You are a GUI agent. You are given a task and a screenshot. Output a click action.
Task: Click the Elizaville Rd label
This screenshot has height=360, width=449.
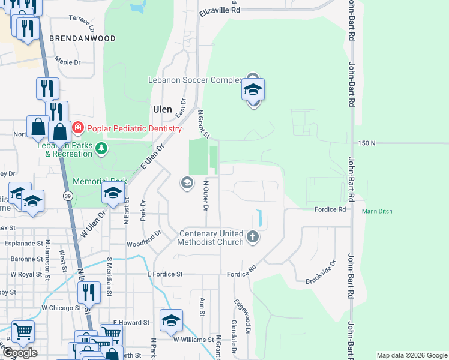[220, 10]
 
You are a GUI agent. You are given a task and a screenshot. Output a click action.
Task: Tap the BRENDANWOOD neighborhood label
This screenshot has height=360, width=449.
[82, 38]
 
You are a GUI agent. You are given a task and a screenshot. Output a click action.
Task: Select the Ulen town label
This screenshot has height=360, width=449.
[163, 109]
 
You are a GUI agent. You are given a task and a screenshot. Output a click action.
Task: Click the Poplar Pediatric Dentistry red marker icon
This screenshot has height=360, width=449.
[78, 128]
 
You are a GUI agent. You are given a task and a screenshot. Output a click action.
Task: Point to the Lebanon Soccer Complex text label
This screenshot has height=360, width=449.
[195, 80]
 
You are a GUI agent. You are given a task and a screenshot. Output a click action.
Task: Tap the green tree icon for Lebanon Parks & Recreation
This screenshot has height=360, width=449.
[102, 148]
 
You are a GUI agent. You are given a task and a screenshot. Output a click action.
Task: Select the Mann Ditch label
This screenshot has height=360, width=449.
[376, 211]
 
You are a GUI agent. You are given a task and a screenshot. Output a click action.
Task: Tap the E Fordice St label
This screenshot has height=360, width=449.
[165, 274]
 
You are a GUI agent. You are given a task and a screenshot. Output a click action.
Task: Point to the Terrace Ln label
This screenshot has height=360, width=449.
[82, 23]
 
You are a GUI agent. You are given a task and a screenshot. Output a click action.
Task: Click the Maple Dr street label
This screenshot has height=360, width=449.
[67, 62]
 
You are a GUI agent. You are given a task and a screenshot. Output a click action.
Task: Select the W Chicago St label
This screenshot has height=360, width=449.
[61, 308]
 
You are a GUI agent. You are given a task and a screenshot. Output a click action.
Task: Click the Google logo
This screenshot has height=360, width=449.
[20, 352]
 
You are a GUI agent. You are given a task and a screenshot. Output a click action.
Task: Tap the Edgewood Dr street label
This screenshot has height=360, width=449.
[241, 317]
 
